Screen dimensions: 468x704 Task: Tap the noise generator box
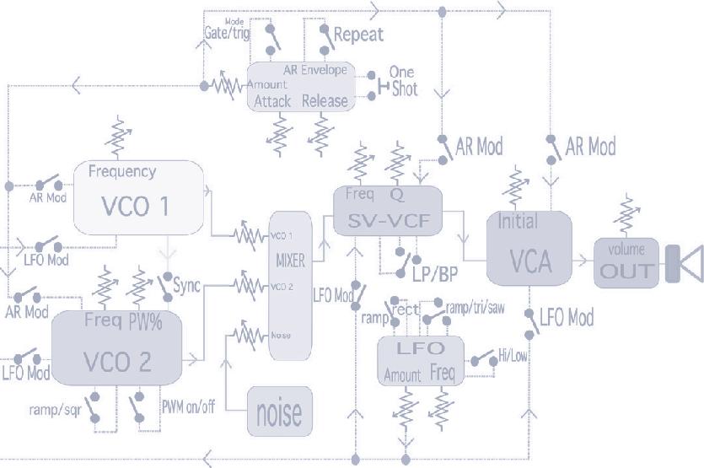(278, 412)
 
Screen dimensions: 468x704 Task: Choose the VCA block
(529, 248)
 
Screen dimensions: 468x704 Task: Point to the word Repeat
(358, 35)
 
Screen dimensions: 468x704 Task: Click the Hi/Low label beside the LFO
(512, 356)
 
